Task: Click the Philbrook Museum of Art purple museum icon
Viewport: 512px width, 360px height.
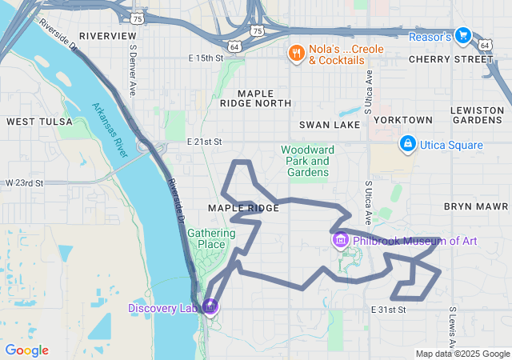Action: coord(340,240)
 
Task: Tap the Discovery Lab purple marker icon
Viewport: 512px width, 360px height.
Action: coord(210,306)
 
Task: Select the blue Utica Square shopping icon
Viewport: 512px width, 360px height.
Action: coord(407,144)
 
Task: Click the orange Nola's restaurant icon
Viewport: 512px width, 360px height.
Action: coord(296,53)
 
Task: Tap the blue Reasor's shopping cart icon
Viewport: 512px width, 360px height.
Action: coord(462,35)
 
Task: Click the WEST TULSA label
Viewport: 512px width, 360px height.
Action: coord(38,122)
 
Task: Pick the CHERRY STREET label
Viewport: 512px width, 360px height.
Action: coord(462,59)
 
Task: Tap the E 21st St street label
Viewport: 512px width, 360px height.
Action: coord(204,142)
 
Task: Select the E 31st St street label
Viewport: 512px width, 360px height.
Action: coord(389,309)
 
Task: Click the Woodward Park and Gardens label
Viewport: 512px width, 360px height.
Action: coord(306,160)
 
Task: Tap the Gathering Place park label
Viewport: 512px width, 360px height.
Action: coord(211,238)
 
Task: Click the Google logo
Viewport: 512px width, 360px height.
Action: coord(26,350)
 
